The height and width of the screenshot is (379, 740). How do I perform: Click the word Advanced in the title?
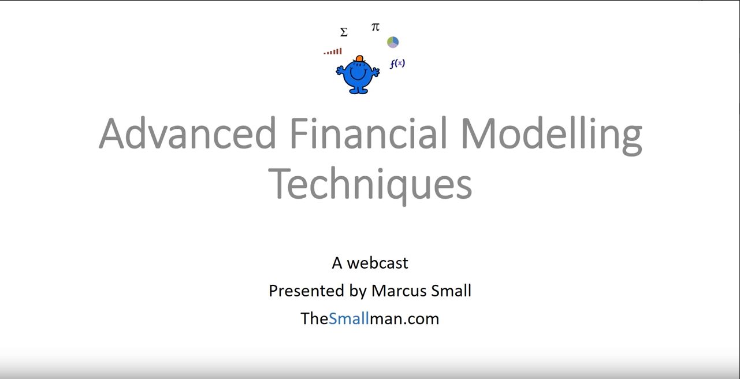(187, 133)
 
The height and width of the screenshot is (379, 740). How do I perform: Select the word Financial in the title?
(369, 133)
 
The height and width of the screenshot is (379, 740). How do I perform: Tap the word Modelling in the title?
(551, 135)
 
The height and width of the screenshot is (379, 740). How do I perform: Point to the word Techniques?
(370, 185)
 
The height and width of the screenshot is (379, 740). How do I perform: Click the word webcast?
(378, 263)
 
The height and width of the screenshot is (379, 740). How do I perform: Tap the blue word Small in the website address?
(349, 318)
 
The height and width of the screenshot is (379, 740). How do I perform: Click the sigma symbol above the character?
(344, 32)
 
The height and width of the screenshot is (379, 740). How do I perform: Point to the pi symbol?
(375, 27)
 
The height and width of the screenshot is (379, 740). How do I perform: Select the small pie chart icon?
(393, 42)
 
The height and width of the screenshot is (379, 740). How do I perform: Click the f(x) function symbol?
(397, 64)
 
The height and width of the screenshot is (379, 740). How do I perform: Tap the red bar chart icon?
(333, 51)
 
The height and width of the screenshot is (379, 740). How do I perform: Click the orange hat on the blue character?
(359, 59)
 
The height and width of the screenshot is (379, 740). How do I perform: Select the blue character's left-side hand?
(340, 70)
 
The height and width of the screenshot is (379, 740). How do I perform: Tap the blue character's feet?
(358, 90)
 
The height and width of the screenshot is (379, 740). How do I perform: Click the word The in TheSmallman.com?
(314, 318)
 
